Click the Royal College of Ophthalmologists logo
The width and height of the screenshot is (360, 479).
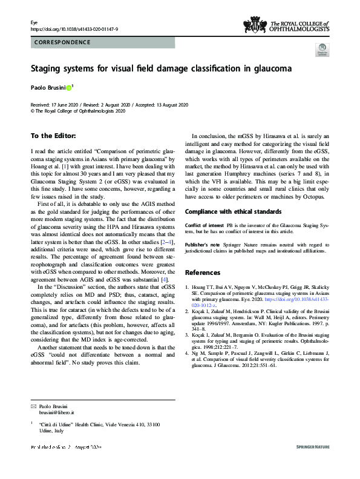tap(286, 25)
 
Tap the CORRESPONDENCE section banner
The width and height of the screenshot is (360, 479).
tap(62, 42)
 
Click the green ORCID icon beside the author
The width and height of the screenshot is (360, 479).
tap(68, 88)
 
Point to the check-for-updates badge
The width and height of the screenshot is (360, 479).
tap(322, 51)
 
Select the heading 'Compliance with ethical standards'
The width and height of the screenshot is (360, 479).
tap(234, 212)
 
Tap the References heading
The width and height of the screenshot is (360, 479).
tap(203, 272)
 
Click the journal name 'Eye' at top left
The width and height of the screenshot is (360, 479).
tap(34, 22)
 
